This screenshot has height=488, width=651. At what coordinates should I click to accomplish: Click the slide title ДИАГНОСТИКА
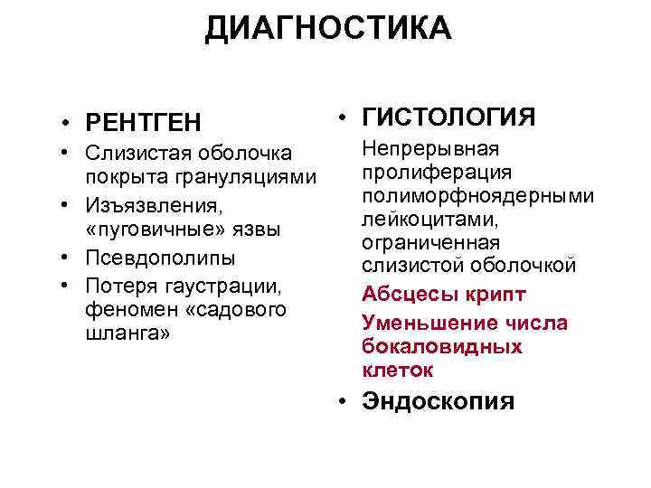[x=327, y=28]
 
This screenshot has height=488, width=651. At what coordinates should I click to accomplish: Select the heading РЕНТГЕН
[x=143, y=121]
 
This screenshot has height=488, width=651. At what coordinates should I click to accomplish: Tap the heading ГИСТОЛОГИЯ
[x=448, y=117]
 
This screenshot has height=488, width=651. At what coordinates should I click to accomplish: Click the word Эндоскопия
[x=438, y=401]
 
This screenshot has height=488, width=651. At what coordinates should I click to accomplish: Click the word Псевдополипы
[x=160, y=256]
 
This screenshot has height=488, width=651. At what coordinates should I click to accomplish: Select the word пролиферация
[x=423, y=173]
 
